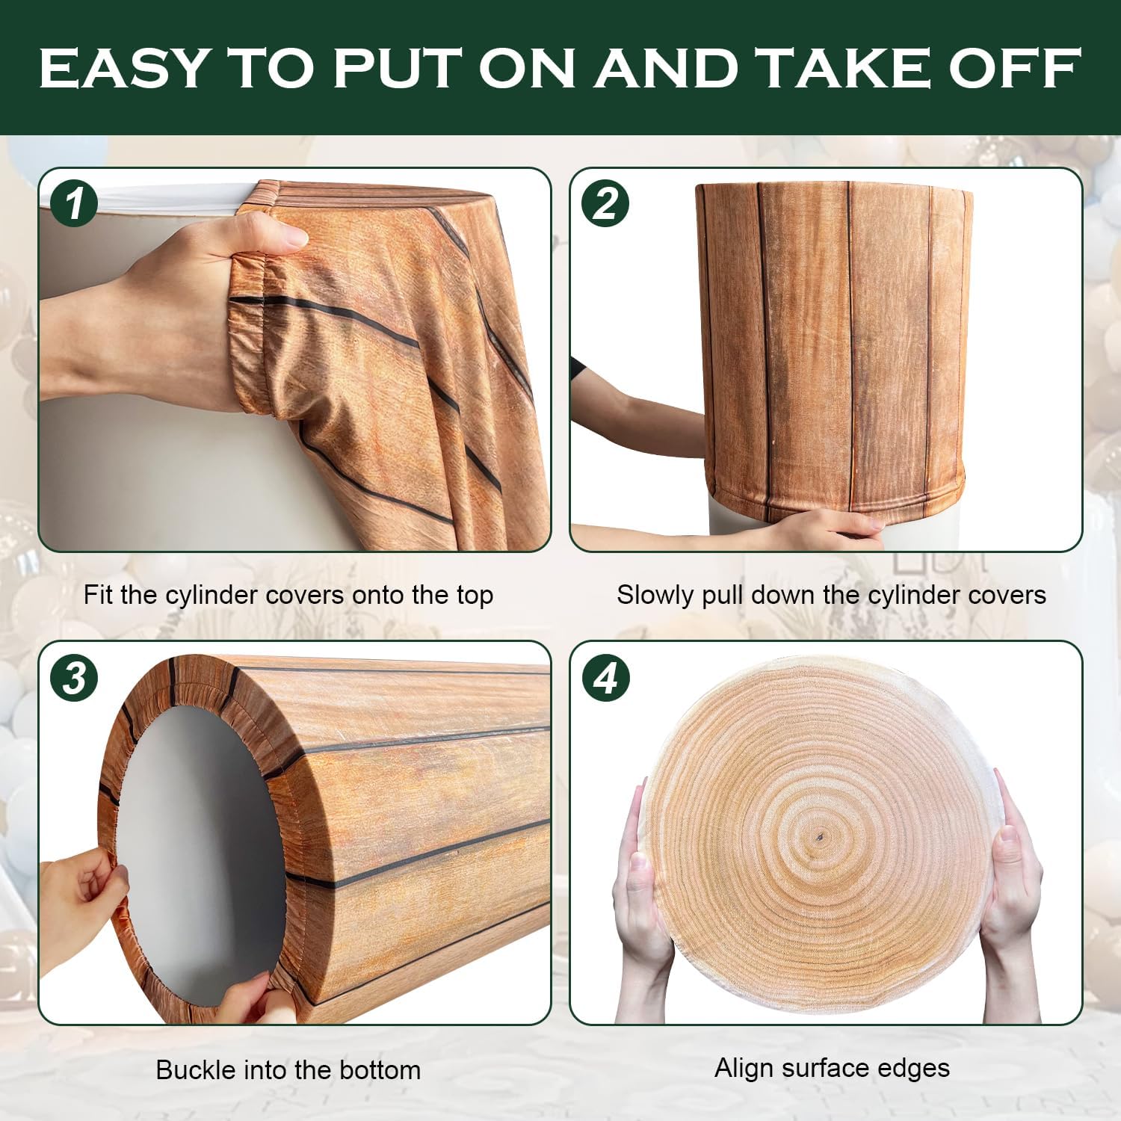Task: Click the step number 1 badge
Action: pos(74,203)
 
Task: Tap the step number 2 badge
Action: pos(606,203)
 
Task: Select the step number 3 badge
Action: pos(74,679)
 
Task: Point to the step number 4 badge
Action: pos(606,679)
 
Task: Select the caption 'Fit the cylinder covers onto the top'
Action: pos(288,595)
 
